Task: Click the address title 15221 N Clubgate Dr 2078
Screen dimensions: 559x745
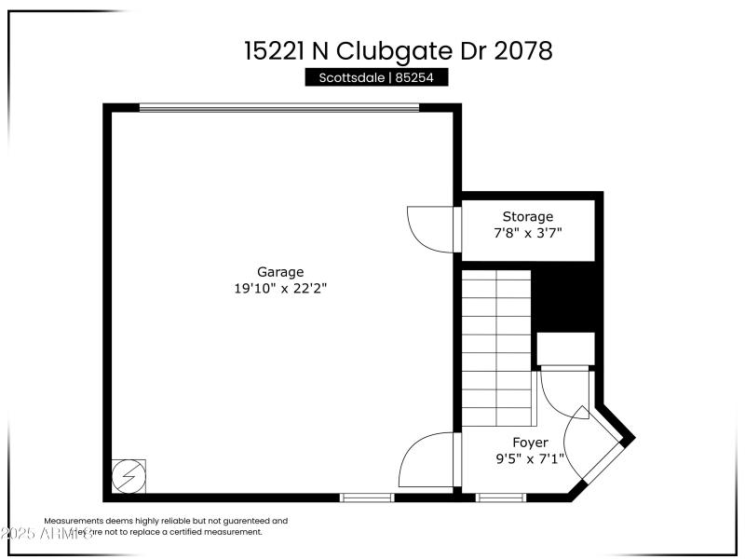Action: pos(398,50)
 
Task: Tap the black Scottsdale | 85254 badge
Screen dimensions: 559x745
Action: pos(376,78)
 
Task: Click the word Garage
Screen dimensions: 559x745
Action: pos(280,272)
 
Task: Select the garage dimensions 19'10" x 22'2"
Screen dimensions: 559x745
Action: pos(280,289)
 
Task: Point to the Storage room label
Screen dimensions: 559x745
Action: pos(527,217)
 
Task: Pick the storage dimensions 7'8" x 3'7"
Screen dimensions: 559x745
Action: pos(527,234)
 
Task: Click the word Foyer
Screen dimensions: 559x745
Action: pos(530,443)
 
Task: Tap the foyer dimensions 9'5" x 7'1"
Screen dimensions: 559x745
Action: pos(530,459)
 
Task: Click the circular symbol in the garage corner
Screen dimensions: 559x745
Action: pos(128,476)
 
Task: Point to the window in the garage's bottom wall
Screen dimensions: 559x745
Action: pos(367,498)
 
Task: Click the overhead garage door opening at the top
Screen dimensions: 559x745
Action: pos(279,107)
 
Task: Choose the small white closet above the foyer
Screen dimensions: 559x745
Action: pos(565,348)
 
